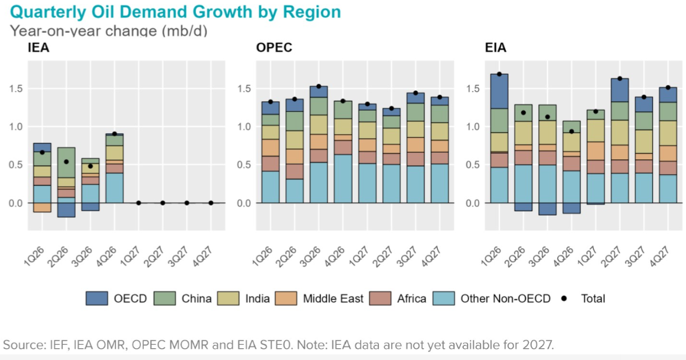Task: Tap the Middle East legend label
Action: click(333, 299)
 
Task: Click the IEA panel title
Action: click(38, 48)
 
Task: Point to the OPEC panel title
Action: click(274, 48)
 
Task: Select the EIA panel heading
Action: click(495, 48)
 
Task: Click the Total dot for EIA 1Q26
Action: click(499, 74)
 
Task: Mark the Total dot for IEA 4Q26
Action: click(115, 134)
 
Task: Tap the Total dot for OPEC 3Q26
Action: click(319, 86)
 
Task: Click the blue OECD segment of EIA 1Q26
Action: click(499, 91)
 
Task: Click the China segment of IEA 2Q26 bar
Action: click(66, 162)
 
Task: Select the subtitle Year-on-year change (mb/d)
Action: click(109, 30)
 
